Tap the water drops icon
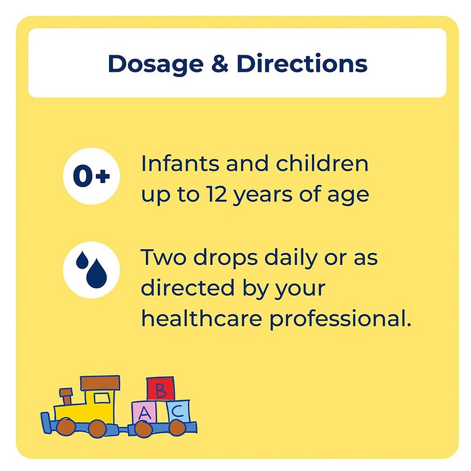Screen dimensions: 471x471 [91, 269]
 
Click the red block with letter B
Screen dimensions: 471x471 [161, 389]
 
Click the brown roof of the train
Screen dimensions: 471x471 [100, 383]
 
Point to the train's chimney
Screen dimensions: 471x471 [67, 396]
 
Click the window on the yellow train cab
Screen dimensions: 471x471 [101, 398]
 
